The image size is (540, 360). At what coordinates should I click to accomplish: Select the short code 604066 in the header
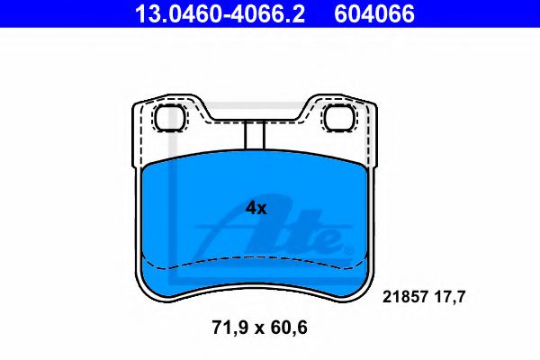(x=375, y=13)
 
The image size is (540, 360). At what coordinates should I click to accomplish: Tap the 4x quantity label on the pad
(x=256, y=208)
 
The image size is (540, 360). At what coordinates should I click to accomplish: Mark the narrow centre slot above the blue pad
(x=254, y=135)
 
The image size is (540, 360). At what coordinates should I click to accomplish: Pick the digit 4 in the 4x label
(x=251, y=208)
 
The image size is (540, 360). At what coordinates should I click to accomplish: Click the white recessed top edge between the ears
(x=255, y=119)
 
